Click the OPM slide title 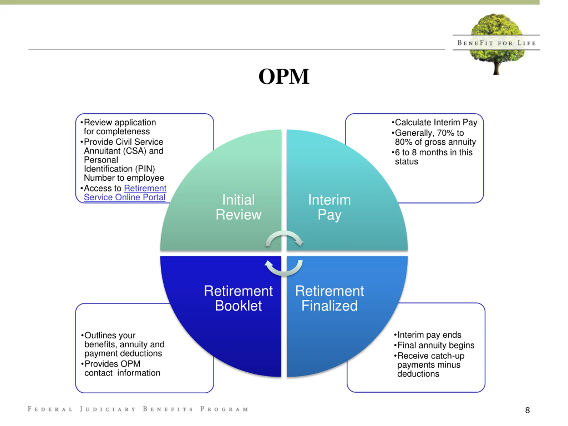284,76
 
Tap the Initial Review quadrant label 238,207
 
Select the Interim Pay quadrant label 329,207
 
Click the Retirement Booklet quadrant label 238,298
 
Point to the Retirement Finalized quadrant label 329,298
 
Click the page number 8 527,410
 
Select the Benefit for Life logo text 497,43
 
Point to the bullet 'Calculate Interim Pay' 434,122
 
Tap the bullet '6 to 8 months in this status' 432,157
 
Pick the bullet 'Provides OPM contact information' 121,368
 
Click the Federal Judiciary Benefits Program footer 138,409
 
